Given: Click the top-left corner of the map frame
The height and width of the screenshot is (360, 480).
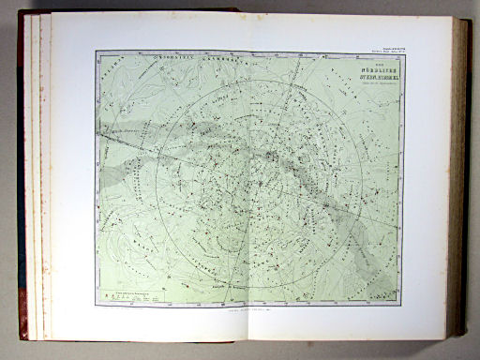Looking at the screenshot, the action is click(96, 52).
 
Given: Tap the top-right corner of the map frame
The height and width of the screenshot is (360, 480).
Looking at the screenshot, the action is click(404, 52).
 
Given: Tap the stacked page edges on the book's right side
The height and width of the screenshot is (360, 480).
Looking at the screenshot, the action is click(462, 178).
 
